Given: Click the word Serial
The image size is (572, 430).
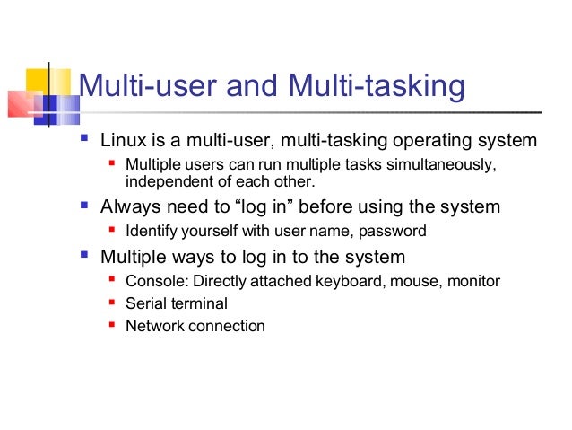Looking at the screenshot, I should click(x=145, y=303).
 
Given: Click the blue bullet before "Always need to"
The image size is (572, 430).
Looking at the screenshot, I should click(x=84, y=206).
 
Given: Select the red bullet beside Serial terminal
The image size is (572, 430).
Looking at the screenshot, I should click(x=111, y=303).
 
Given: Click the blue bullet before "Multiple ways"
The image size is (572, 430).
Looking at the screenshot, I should click(x=84, y=255).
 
